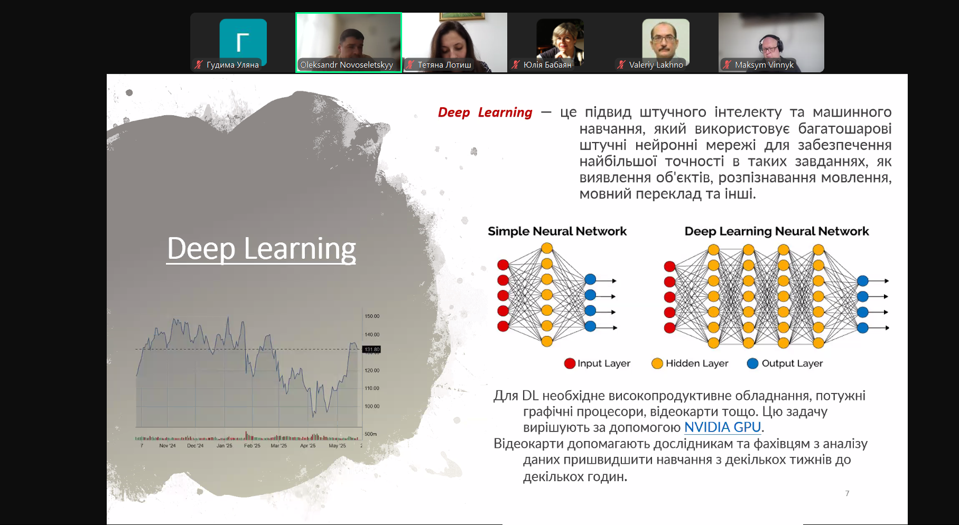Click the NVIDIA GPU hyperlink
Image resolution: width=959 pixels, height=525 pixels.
point(722,427)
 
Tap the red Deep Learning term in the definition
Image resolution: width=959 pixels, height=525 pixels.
point(485,112)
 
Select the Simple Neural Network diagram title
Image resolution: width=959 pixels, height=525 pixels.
point(557,231)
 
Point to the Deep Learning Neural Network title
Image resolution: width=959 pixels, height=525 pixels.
point(777,231)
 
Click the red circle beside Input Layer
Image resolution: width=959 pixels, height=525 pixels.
point(570,363)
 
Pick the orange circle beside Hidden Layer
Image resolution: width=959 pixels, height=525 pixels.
point(657,363)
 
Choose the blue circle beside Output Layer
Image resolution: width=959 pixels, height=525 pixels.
point(753,363)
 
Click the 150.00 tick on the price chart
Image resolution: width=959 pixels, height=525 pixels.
point(372,316)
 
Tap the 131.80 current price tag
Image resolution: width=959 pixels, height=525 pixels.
point(372,349)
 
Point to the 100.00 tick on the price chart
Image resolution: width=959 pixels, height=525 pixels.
point(372,406)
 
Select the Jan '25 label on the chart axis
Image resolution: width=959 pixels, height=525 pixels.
point(225,446)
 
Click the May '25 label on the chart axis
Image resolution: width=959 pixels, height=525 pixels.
point(337,446)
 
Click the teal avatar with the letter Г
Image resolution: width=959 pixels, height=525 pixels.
point(243,42)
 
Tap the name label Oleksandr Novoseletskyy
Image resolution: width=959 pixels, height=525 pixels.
point(347,65)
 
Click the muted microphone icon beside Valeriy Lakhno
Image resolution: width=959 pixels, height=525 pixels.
point(621,64)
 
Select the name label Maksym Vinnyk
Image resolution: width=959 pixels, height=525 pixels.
point(764,65)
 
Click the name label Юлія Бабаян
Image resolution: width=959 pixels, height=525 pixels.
point(547,65)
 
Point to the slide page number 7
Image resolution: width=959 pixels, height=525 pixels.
point(847,493)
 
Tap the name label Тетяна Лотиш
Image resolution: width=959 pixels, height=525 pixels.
point(444,65)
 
